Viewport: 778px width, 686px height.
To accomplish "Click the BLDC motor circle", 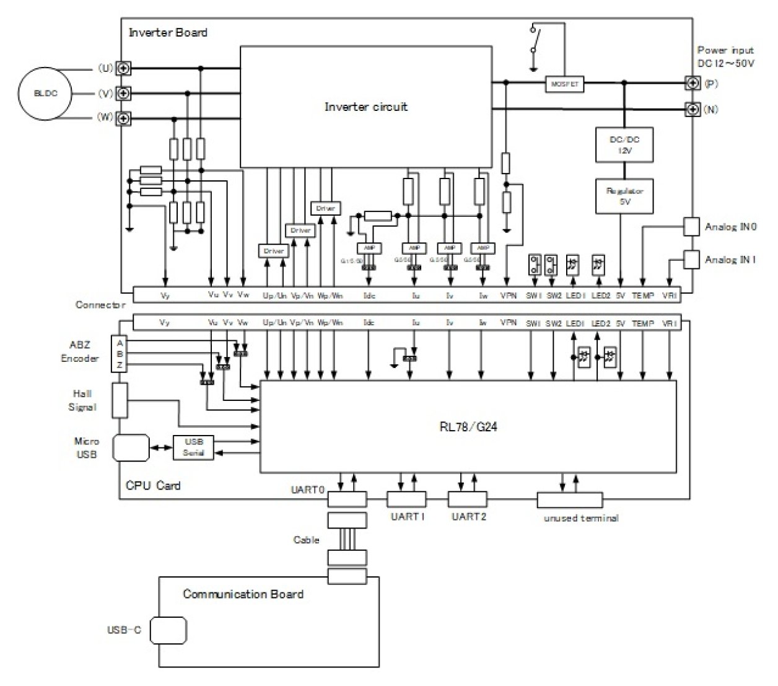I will point(45,94).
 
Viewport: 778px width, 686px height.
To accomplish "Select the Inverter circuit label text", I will point(366,107).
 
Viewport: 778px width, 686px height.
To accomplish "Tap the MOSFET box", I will point(564,84).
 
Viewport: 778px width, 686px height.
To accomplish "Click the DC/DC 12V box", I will point(624,145).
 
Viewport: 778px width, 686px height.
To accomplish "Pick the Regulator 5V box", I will point(624,196).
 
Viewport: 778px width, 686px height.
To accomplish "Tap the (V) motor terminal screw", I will point(124,93).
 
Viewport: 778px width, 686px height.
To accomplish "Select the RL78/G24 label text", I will point(468,426).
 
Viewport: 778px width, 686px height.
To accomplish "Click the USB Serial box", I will point(193,447).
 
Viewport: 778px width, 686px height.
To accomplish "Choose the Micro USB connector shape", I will point(131,447).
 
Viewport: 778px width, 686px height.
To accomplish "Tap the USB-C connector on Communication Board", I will point(168,631).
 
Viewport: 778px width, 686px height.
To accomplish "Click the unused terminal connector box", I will point(569,499).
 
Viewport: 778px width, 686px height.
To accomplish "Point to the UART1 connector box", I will point(406,499).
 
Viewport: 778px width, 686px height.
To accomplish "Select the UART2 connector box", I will point(468,499).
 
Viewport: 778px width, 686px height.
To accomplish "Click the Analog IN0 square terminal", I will point(692,226).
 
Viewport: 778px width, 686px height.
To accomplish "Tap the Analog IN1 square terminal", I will point(692,259).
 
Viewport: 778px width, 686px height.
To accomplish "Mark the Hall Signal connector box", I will point(120,400).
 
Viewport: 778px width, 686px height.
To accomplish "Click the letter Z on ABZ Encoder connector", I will point(120,365).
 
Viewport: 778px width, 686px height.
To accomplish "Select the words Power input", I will point(725,50).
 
